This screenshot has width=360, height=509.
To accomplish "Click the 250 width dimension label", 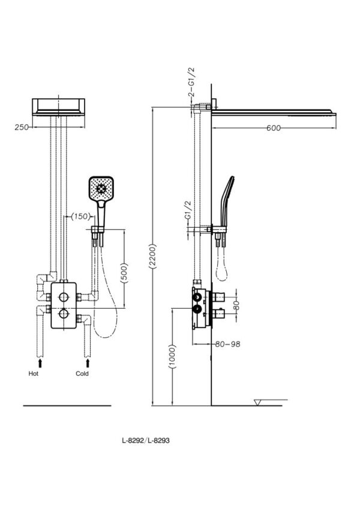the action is [22, 127].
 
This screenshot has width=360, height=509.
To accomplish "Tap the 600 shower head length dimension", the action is [273, 128].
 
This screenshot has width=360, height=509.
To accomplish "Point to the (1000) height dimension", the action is [172, 357].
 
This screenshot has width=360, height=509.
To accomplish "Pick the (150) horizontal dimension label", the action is [80, 216].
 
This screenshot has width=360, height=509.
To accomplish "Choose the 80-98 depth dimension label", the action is [227, 344].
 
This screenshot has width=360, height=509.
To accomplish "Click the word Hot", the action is [34, 374].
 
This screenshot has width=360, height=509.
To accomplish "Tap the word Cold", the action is [82, 374].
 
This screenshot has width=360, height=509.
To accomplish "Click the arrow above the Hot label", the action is [40, 362].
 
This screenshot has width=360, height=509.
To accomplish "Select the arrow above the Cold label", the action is [88, 362].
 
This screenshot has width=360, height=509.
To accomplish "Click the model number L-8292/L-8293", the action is [146, 441].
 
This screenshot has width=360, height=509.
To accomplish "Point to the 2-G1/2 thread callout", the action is [191, 82].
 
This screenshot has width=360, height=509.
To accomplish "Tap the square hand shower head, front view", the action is [101, 189].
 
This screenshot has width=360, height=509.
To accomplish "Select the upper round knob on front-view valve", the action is [64, 296].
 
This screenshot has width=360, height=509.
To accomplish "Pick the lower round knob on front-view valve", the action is [64, 314].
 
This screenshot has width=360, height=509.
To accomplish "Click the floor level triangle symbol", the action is [258, 402].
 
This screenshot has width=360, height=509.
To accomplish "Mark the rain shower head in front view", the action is [58, 107].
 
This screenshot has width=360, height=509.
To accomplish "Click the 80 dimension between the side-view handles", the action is [236, 305].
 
